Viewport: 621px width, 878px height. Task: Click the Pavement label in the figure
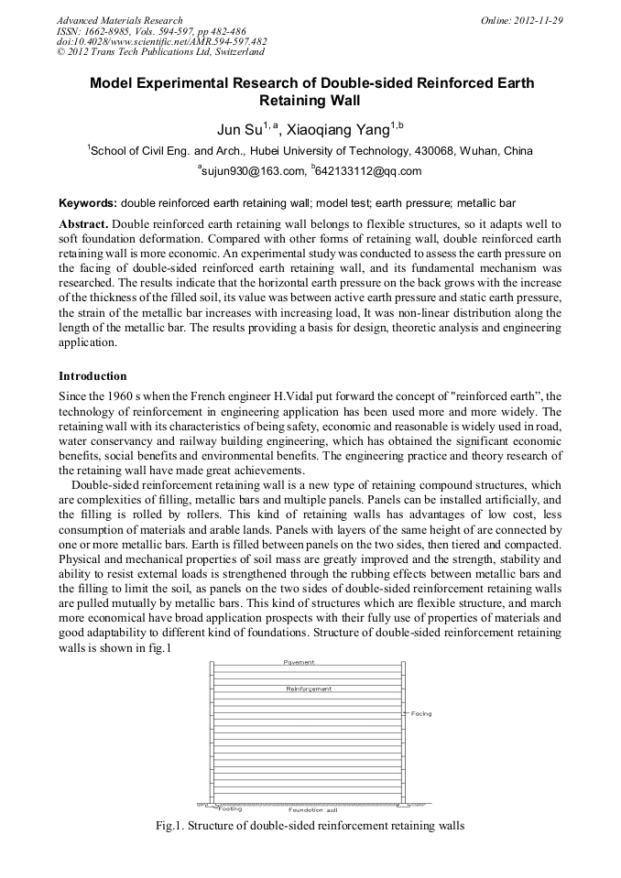[x=299, y=661]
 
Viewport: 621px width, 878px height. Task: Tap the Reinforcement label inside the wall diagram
[x=309, y=688]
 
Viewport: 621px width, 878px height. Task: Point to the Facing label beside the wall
[x=420, y=713]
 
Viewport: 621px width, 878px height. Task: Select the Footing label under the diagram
[x=231, y=809]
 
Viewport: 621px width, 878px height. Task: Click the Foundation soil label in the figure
[x=312, y=810]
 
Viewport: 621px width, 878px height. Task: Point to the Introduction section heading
[x=93, y=376]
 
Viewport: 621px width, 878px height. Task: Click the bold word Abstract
[x=83, y=224]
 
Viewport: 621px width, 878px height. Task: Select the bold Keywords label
[x=88, y=201]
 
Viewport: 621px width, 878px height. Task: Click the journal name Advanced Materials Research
[x=119, y=20]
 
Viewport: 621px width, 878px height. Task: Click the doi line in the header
[x=161, y=41]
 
